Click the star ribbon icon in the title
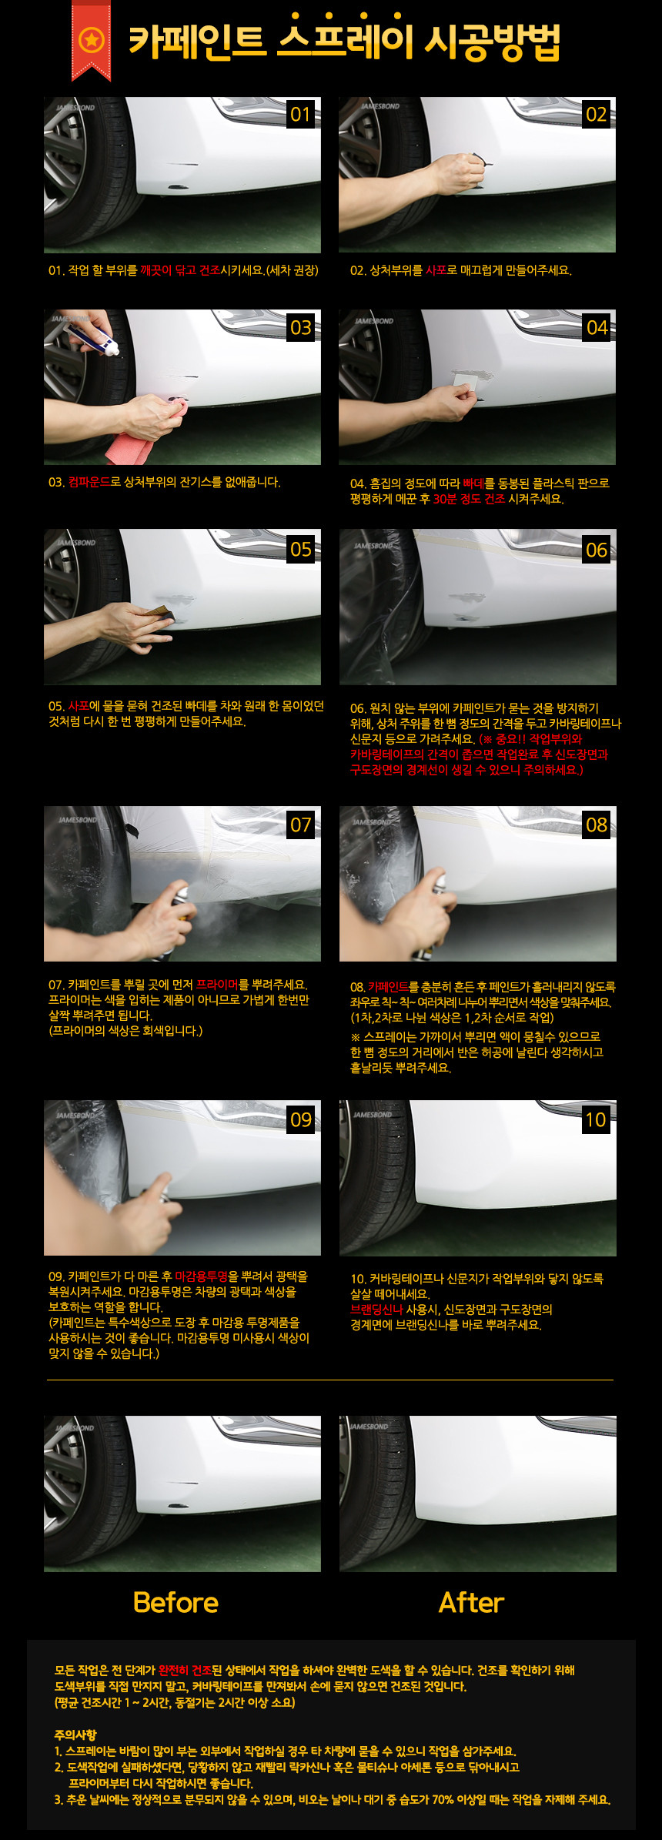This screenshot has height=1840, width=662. point(91,39)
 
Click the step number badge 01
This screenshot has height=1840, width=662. point(300,115)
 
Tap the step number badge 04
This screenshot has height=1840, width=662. point(597,328)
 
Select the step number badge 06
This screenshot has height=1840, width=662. point(597,550)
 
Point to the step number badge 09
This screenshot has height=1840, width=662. point(300,1119)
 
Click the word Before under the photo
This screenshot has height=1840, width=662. point(176,1602)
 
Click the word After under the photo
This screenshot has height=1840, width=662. point(471,1602)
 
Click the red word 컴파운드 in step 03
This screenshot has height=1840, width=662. point(89,483)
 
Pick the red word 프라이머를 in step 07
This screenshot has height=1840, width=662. point(222,985)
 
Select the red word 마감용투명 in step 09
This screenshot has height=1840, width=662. point(202,1276)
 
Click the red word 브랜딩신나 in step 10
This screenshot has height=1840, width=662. point(377,1310)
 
